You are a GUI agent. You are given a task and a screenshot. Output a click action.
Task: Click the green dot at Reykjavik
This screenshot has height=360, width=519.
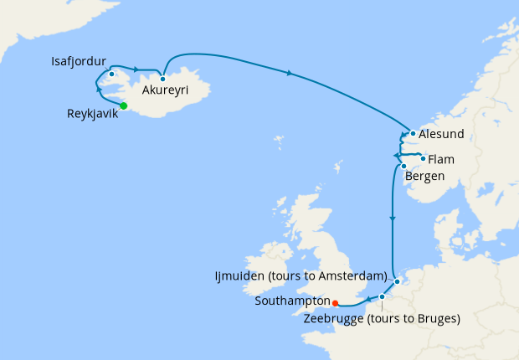click(x=124, y=105)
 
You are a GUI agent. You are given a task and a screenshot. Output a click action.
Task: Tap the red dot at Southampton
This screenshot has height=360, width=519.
click(x=334, y=303)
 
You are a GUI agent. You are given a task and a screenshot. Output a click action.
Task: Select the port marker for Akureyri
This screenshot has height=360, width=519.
click(x=162, y=79)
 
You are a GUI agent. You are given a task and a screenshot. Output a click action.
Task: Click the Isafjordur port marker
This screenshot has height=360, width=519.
click(x=111, y=74)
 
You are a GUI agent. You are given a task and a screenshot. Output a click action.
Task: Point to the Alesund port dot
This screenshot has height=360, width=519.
click(x=414, y=133)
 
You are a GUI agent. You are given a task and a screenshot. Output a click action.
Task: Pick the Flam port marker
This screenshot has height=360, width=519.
click(x=423, y=158)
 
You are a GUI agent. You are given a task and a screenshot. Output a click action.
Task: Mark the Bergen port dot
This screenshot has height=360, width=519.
click(x=403, y=166)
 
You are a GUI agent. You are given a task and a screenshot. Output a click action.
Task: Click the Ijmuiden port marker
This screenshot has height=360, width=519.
click(x=398, y=281)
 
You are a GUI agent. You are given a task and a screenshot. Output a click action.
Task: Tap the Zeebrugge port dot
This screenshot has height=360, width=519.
click(x=382, y=296)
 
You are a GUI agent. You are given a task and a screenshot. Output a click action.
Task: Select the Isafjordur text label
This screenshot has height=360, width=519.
click(x=79, y=61)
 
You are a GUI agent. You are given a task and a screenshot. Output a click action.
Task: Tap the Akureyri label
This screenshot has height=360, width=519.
click(x=164, y=90)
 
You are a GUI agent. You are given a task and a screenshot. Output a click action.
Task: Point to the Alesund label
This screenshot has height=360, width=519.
click(x=440, y=134)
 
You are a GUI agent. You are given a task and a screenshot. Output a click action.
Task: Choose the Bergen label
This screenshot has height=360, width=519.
click(x=424, y=176)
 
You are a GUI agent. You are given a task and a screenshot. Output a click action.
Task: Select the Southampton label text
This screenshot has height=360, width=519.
click(x=291, y=303)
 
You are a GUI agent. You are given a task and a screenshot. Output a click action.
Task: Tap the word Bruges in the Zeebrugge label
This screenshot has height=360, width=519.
click(x=437, y=318)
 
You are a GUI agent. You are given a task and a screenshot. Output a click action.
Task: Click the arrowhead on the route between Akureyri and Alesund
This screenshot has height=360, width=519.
click(x=290, y=74)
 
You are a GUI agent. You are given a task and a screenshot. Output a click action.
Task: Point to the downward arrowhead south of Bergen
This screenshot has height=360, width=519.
click(x=392, y=219)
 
